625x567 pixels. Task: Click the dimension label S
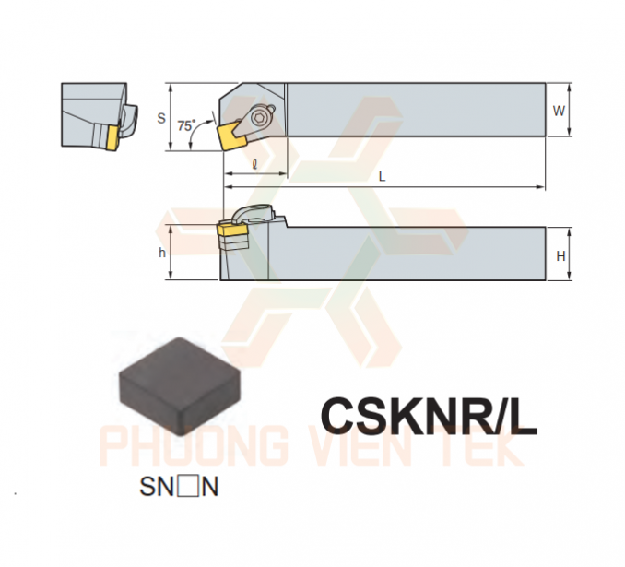pos(161,118)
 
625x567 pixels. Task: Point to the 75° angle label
pos(186,125)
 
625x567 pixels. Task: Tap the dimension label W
pos(559,111)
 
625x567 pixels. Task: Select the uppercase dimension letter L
pos(382,176)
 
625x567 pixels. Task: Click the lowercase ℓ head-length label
pos(255,164)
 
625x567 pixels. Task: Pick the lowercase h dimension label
pos(162,253)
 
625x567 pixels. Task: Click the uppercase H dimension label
pos(560,256)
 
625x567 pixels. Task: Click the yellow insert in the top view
pos(230,136)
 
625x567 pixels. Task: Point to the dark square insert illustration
pos(180,386)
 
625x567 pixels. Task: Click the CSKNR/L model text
pos(429,416)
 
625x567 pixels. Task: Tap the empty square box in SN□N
pos(188,487)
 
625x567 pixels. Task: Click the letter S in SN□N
pos(147,487)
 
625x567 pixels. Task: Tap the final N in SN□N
pos(210,487)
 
